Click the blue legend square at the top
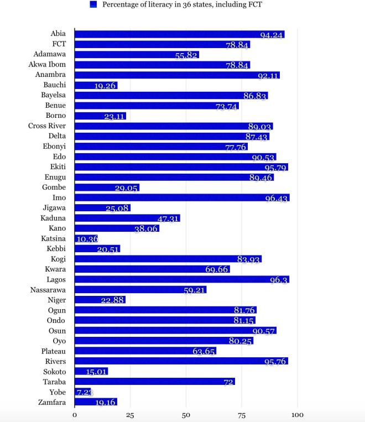click(93, 5)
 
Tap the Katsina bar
click(86, 239)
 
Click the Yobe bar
click(82, 392)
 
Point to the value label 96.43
click(277, 199)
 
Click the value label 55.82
click(186, 55)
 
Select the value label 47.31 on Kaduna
click(168, 219)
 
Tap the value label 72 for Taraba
click(228, 382)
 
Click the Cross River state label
click(47, 126)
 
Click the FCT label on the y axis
click(58, 44)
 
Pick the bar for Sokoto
click(91, 372)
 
